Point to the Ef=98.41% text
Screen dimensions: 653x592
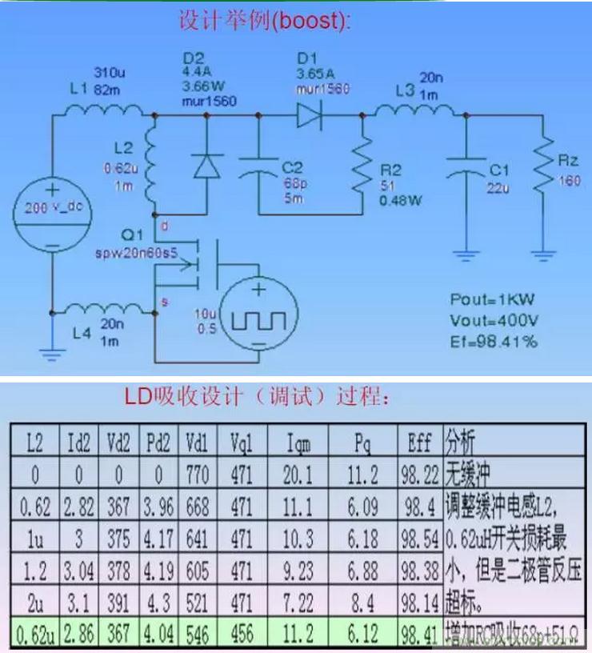493,342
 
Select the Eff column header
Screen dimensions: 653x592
420,441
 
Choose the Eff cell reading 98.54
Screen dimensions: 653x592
420,539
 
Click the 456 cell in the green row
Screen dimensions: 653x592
242,636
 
